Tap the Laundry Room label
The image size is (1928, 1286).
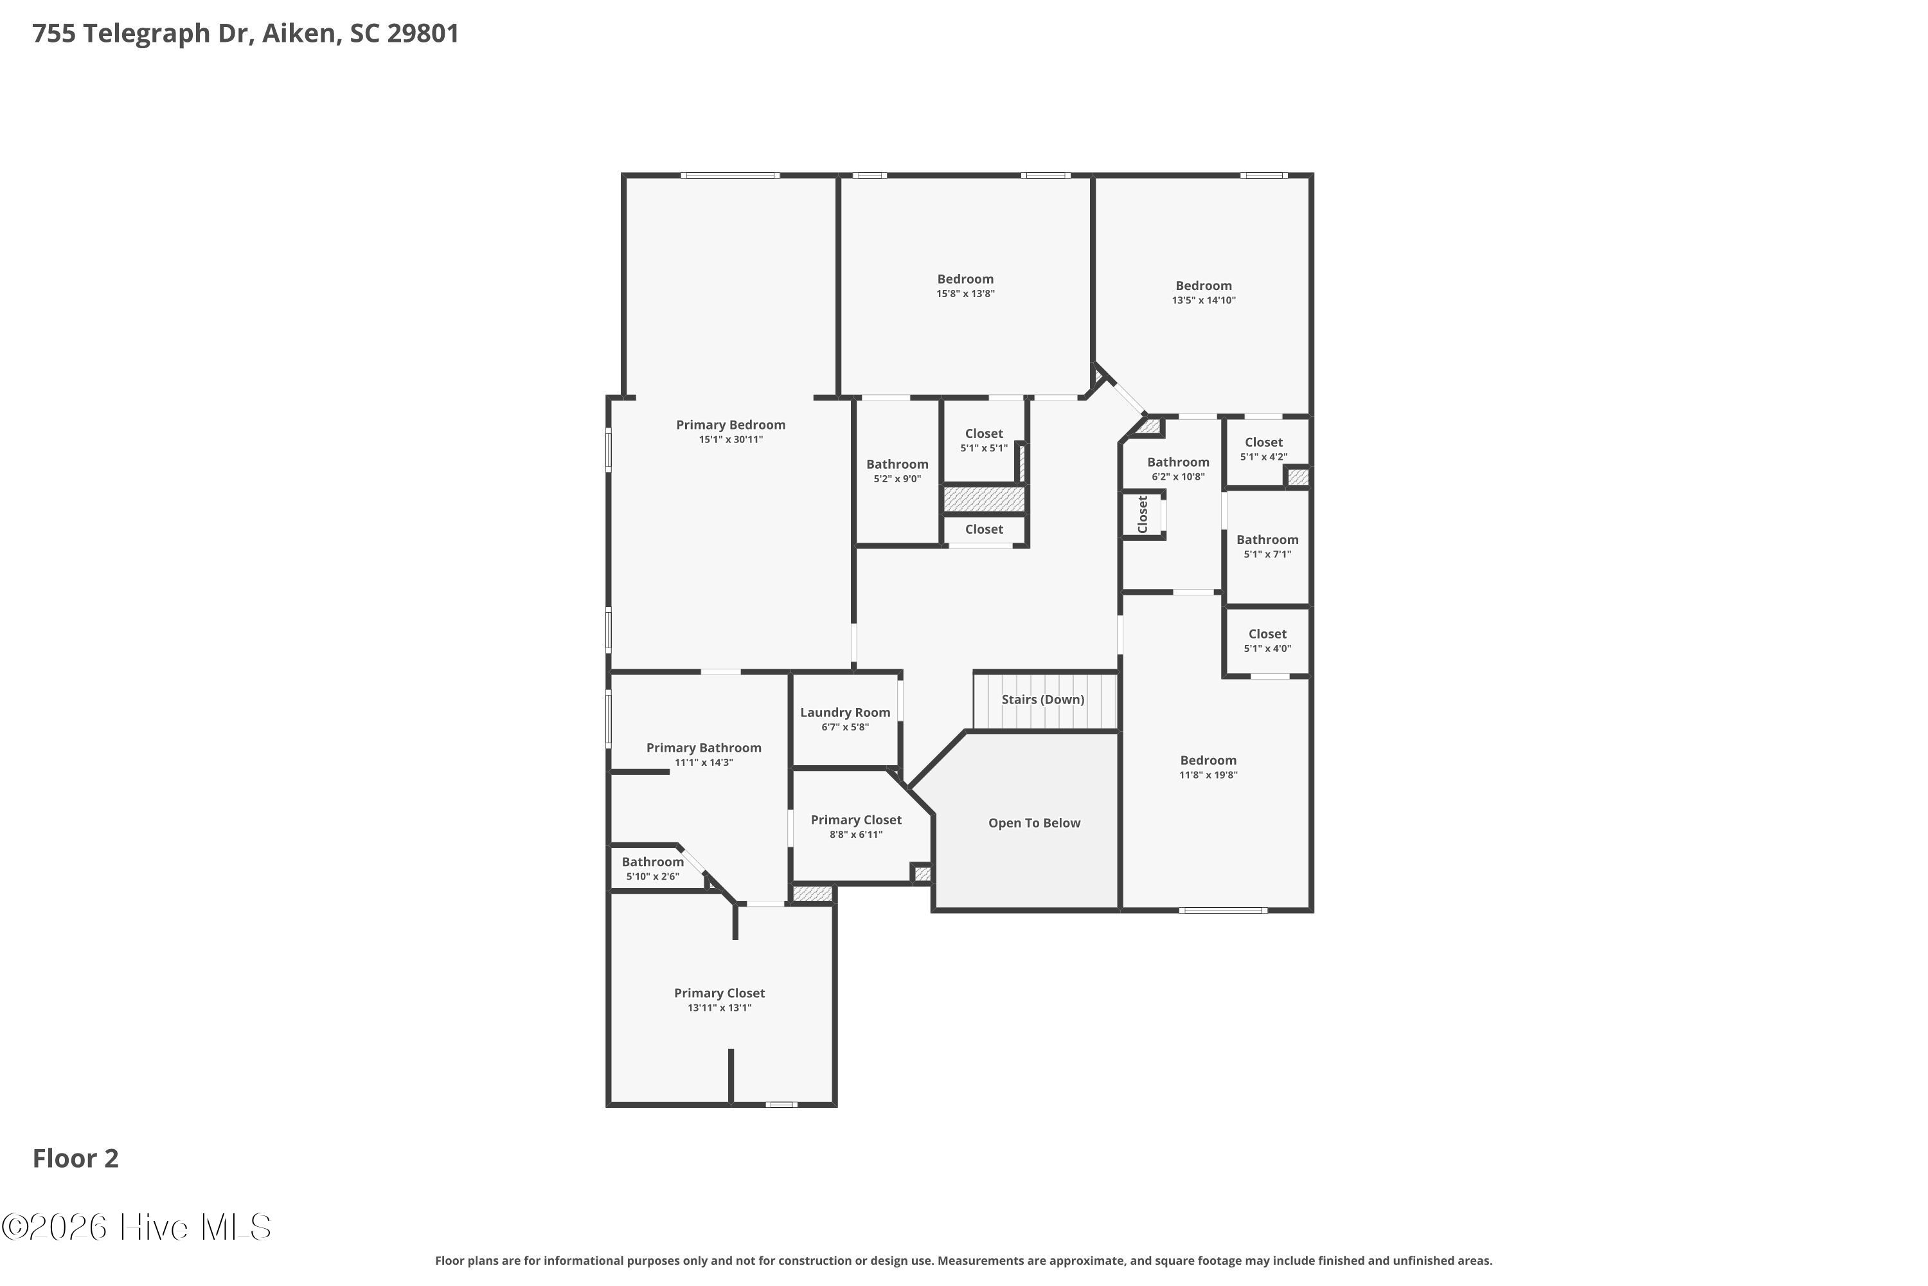(x=845, y=712)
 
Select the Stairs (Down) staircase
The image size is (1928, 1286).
(x=1045, y=700)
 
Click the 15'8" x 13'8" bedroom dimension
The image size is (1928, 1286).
(x=966, y=294)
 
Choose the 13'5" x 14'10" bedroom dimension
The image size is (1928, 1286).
(x=1203, y=300)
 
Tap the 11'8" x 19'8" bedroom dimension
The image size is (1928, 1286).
(x=1208, y=775)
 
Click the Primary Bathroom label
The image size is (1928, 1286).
(x=704, y=748)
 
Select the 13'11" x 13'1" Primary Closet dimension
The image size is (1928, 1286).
(x=720, y=1008)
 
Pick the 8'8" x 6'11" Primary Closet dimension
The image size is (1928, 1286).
(x=856, y=835)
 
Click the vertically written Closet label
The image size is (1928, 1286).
(x=1143, y=514)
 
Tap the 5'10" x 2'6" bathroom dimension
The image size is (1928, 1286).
(x=652, y=877)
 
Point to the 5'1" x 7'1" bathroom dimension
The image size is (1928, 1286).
(x=1267, y=554)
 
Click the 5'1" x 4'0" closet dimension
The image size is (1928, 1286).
(x=1267, y=649)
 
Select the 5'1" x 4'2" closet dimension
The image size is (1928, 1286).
(x=1264, y=457)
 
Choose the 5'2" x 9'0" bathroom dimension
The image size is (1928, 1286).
(x=898, y=479)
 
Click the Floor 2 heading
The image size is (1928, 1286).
(x=75, y=1158)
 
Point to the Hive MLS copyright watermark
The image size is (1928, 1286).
(x=136, y=1227)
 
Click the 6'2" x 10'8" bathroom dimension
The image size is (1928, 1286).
(x=1178, y=477)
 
